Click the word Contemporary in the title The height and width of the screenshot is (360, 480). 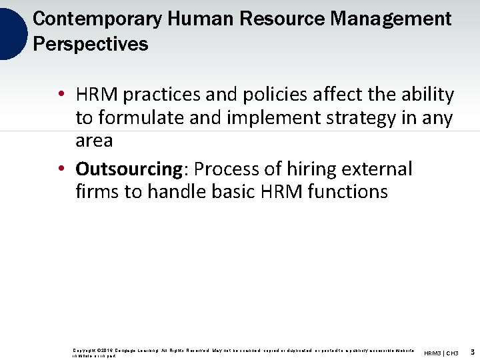[97, 19]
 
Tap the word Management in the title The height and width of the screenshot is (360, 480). [390, 19]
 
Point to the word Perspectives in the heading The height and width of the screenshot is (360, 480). [90, 44]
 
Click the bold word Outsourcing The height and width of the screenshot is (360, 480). [129, 169]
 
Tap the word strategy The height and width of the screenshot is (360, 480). [359, 119]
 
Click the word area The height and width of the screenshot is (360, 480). [94, 141]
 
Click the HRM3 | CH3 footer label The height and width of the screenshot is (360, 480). [441, 353]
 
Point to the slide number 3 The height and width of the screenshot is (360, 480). [472, 352]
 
